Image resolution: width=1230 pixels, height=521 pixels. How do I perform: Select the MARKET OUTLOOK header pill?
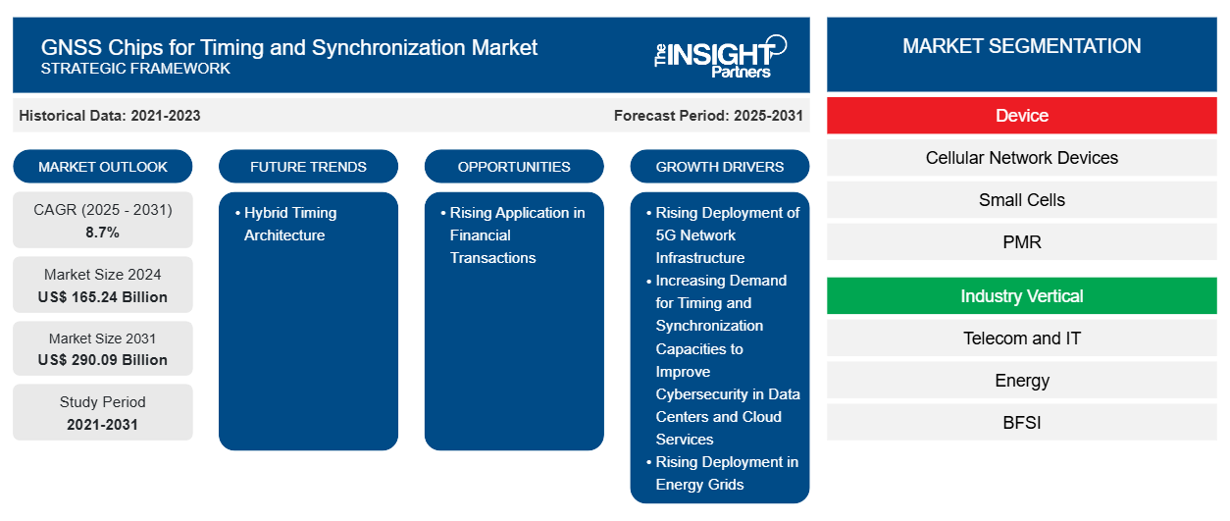[x=103, y=167]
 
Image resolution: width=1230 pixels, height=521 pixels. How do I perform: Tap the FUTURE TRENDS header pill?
[x=308, y=167]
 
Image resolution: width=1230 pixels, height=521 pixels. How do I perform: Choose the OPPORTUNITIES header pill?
[x=514, y=167]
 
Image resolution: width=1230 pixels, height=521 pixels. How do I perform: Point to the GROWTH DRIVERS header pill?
[x=720, y=167]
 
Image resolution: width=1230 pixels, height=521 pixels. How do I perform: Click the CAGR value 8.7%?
[x=103, y=233]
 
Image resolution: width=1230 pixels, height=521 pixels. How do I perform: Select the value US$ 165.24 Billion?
[x=103, y=297]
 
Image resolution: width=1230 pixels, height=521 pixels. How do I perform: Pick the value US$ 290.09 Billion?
[x=103, y=360]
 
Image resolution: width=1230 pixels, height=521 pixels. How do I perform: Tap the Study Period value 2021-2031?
[x=103, y=425]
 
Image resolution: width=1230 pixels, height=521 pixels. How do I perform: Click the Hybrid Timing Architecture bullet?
[x=290, y=224]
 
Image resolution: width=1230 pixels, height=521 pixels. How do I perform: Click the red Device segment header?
[x=1021, y=116]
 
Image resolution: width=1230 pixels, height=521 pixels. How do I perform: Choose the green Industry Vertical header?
[x=1021, y=296]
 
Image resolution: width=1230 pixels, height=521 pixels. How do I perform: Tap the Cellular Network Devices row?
[x=1021, y=158]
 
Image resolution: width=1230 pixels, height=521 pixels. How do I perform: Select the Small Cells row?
[x=1021, y=200]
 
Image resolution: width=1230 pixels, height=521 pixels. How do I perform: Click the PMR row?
[x=1021, y=241]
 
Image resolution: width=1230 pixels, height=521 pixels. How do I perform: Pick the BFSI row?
[x=1021, y=423]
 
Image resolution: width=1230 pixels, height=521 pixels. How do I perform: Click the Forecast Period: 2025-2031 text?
[x=708, y=116]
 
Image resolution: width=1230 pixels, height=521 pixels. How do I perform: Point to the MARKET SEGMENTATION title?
[x=1021, y=46]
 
